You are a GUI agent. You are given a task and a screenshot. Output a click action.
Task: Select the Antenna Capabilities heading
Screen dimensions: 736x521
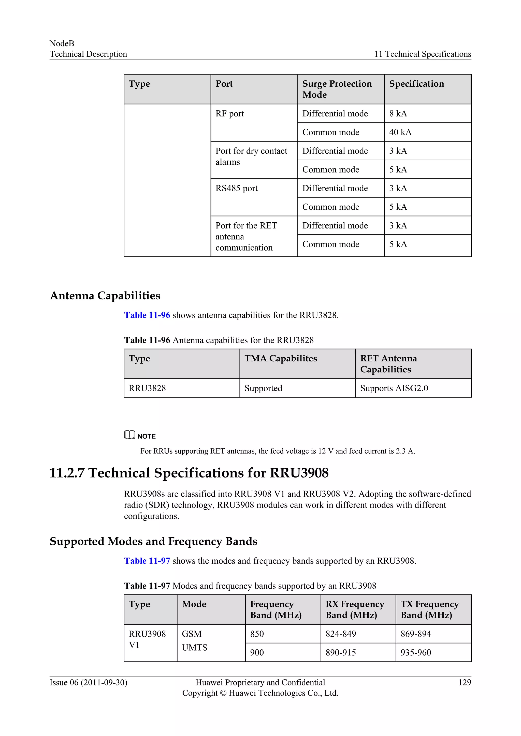tap(105, 295)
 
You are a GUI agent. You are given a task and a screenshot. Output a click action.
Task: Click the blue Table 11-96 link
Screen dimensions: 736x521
tap(147, 315)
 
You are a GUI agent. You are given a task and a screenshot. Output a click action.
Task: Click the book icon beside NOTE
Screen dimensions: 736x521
tap(129, 435)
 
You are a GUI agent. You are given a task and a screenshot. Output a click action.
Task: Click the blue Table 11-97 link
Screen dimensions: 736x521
tap(147, 561)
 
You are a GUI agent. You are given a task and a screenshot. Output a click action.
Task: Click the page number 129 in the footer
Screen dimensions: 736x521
tap(464, 682)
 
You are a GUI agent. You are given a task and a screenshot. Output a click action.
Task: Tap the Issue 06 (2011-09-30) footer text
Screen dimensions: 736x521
tap(88, 682)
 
